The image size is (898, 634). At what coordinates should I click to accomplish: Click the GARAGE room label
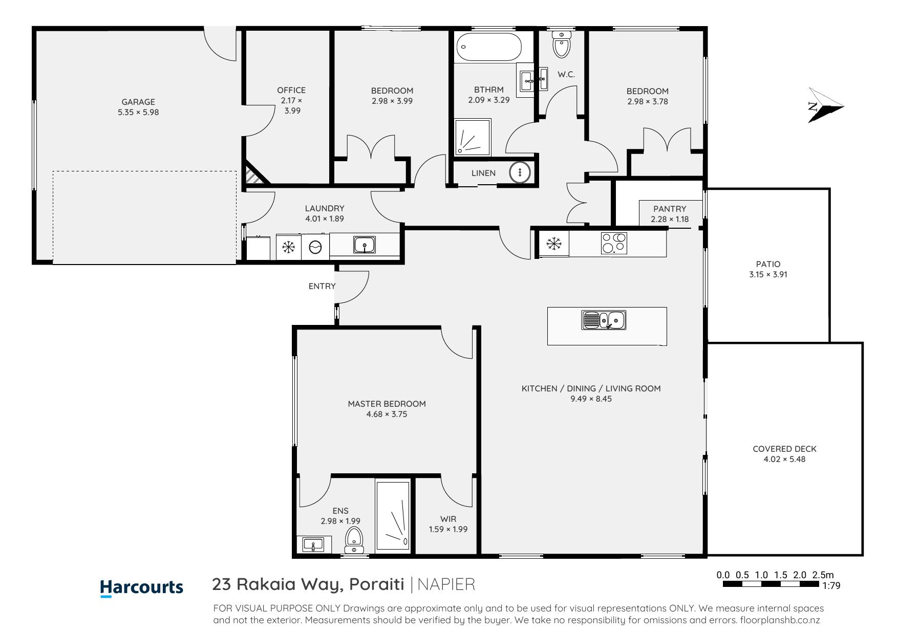[138, 102]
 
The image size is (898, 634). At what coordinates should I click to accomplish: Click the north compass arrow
[824, 105]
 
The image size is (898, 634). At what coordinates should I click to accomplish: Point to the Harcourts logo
[142, 587]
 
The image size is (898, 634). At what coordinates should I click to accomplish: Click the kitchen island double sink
[604, 320]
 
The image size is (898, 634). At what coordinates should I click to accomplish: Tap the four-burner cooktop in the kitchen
[614, 243]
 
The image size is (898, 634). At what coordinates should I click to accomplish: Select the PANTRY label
[670, 209]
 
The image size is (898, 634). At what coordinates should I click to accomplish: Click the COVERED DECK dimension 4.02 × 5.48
[784, 459]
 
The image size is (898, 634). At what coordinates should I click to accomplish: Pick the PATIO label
[768, 264]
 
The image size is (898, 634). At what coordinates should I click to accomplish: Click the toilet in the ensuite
[354, 540]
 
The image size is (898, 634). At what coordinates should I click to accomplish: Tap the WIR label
[448, 519]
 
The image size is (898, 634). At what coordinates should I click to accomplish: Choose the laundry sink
[365, 245]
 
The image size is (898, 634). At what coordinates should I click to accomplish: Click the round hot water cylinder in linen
[519, 172]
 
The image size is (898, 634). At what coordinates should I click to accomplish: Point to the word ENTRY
[322, 286]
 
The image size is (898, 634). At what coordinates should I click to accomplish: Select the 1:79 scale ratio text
[831, 586]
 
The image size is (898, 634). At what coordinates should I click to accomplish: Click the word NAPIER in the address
[446, 584]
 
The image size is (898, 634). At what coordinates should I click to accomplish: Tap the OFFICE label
[291, 90]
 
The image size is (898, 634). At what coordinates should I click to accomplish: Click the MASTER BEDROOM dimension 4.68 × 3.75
[387, 414]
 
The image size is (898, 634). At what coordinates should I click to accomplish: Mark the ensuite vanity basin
[313, 544]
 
